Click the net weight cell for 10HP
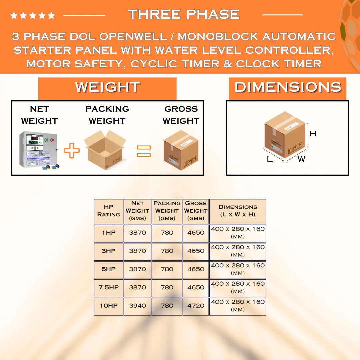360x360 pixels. (137, 306)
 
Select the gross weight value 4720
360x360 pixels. (196, 306)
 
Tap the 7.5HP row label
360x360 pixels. (109, 287)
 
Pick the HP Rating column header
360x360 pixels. (109, 211)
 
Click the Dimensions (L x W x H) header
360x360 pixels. (238, 211)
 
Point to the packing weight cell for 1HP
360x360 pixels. (167, 233)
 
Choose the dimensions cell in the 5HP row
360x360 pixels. (238, 269)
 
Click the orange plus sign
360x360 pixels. (72, 150)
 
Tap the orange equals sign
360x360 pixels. (144, 151)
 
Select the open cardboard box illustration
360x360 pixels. (105, 150)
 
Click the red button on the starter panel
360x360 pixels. (52, 140)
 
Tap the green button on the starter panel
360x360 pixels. (46, 140)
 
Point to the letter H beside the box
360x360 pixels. (313, 133)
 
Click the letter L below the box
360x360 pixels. (270, 159)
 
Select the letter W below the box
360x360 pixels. (301, 159)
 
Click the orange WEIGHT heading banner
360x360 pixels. (107, 89)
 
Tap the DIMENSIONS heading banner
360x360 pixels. (287, 89)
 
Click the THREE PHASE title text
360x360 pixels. (184, 14)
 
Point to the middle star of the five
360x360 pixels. (33, 15)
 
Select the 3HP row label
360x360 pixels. (109, 251)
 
